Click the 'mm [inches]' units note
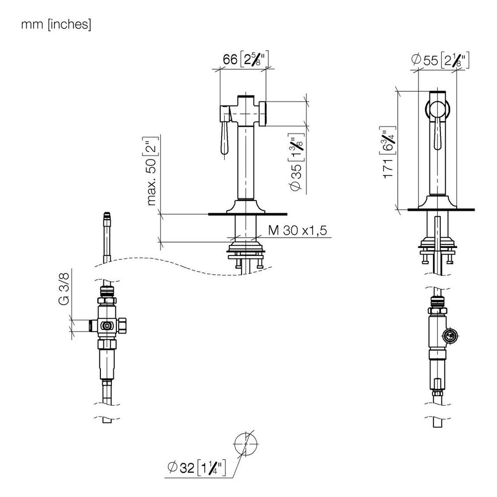56,24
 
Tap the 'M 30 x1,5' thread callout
297,231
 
